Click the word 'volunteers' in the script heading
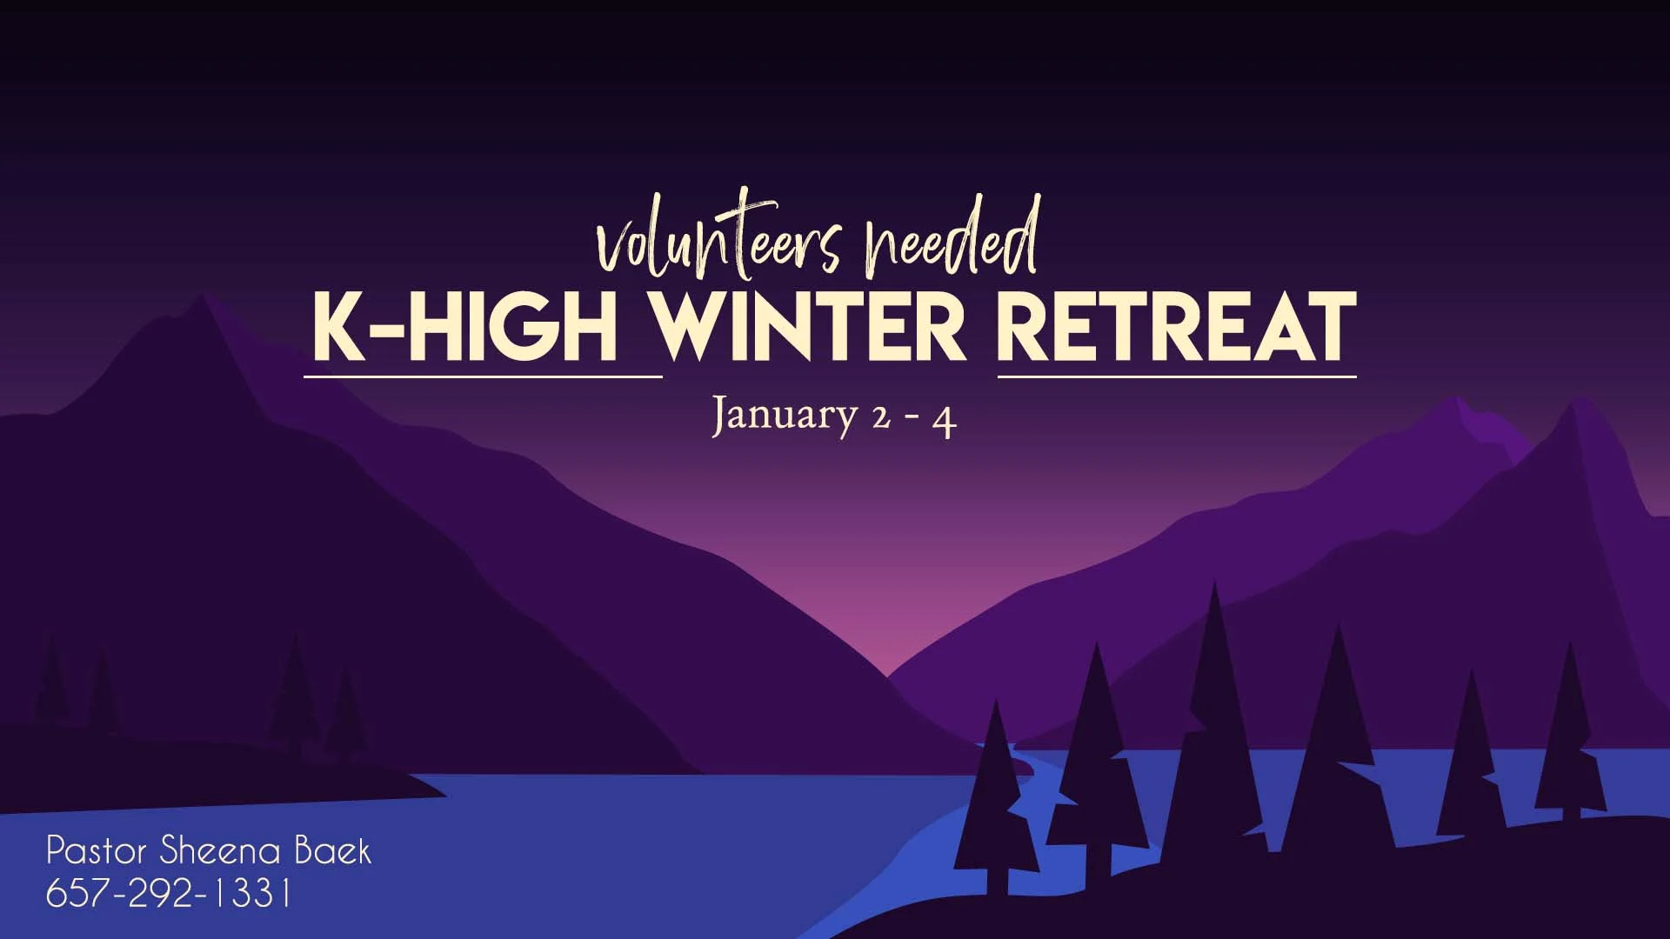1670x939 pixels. (x=718, y=240)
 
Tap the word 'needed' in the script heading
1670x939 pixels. (x=950, y=235)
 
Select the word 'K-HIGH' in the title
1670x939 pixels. (x=464, y=327)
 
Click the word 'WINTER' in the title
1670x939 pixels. (x=809, y=327)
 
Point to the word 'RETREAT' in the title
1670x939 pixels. (x=1176, y=327)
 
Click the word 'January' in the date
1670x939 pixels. (x=785, y=416)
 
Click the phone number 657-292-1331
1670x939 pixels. (x=168, y=894)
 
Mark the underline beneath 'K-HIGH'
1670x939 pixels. (x=483, y=376)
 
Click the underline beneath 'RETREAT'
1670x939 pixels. (x=1176, y=376)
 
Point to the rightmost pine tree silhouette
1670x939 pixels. (x=1571, y=739)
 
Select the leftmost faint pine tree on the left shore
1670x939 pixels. (x=51, y=687)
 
